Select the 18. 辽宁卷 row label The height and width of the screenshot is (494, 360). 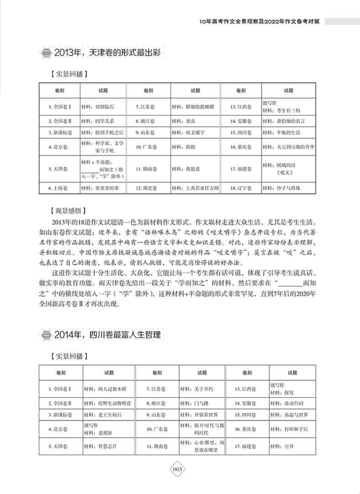click(240, 188)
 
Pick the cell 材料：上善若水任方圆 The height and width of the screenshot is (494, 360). click(195, 188)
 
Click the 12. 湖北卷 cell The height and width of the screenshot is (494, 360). click(149, 188)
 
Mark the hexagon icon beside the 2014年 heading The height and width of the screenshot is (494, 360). click(46, 335)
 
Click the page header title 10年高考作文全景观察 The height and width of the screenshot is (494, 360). click(237, 21)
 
